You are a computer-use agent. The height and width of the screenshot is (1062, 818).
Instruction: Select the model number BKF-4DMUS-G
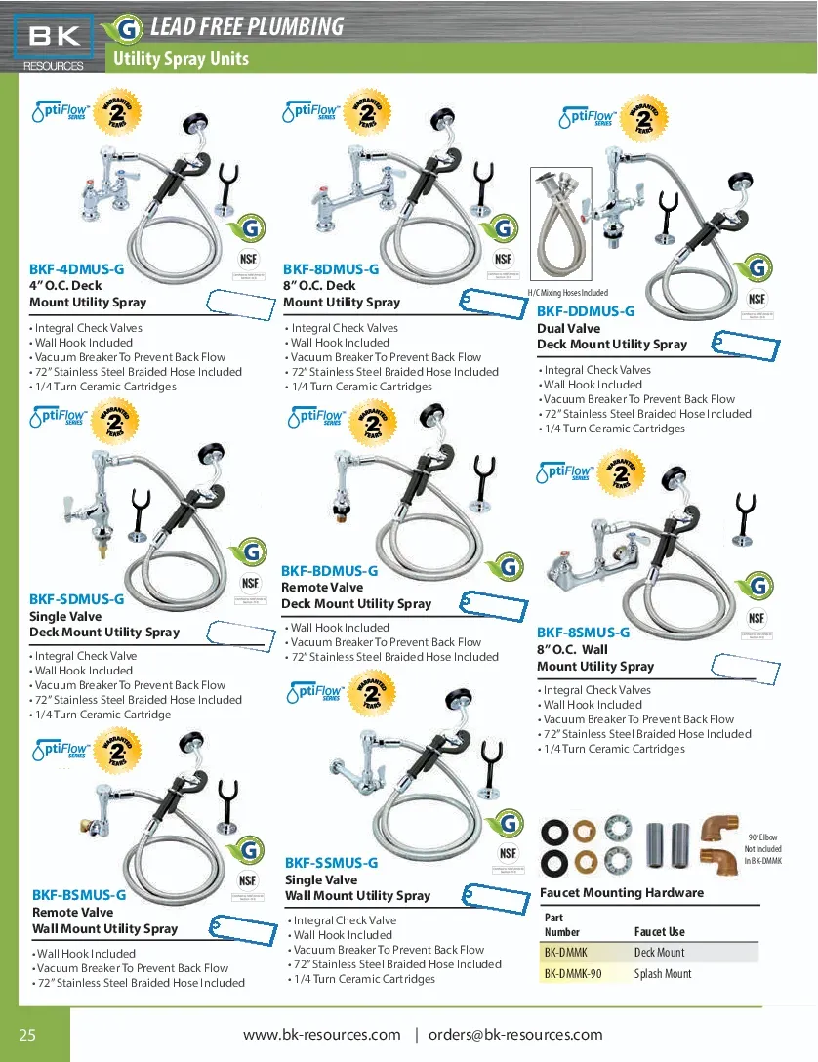(x=77, y=268)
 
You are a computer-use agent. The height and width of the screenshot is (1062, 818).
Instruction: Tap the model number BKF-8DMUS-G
(x=331, y=268)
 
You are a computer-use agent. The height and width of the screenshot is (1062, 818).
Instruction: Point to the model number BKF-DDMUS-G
(x=586, y=311)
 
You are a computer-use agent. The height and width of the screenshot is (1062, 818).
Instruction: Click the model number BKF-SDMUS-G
(x=76, y=599)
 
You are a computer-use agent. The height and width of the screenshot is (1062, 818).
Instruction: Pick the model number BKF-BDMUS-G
(x=329, y=571)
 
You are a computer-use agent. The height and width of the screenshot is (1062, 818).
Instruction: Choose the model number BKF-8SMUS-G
(x=583, y=633)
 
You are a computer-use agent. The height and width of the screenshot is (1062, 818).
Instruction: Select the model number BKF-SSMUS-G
(x=331, y=863)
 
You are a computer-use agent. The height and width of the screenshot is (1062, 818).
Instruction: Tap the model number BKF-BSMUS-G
(x=79, y=894)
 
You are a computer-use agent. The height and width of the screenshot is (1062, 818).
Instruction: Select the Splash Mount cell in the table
(x=662, y=974)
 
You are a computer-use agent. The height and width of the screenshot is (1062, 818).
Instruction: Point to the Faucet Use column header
(x=660, y=932)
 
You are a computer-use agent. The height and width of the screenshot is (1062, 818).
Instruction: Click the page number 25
(x=27, y=1036)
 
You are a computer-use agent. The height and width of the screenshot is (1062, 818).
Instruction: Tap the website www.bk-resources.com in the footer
(x=321, y=1035)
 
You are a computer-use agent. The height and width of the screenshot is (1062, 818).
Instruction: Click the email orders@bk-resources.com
(x=515, y=1035)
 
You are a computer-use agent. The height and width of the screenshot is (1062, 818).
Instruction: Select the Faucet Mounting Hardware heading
(x=621, y=892)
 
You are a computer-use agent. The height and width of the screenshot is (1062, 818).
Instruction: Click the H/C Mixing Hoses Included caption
(x=567, y=293)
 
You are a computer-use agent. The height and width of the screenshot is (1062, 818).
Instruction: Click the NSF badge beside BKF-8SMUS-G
(x=757, y=617)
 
